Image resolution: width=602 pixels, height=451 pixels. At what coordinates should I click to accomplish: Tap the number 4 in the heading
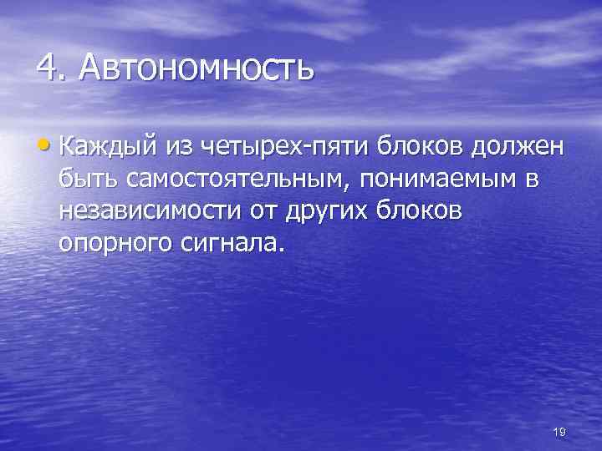[48, 67]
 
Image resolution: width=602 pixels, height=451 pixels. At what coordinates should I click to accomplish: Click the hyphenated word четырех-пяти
[287, 149]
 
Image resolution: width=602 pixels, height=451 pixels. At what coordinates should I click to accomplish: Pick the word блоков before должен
[420, 149]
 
